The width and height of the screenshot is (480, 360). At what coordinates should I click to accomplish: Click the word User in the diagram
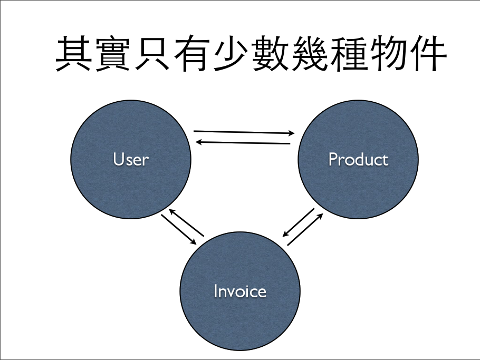[131, 159]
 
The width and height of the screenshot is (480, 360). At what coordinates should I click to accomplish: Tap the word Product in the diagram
[358, 159]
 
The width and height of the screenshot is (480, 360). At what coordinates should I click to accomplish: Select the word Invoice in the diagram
[240, 291]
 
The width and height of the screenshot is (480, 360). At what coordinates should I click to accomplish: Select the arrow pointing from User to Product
[244, 132]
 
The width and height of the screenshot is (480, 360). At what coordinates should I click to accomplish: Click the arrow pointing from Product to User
[243, 142]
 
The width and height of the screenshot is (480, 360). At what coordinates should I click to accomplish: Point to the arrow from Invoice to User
[186, 222]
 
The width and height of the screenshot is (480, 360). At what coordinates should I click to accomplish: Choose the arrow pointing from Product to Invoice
[299, 222]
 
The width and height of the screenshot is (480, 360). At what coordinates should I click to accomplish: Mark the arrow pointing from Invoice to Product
[305, 229]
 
